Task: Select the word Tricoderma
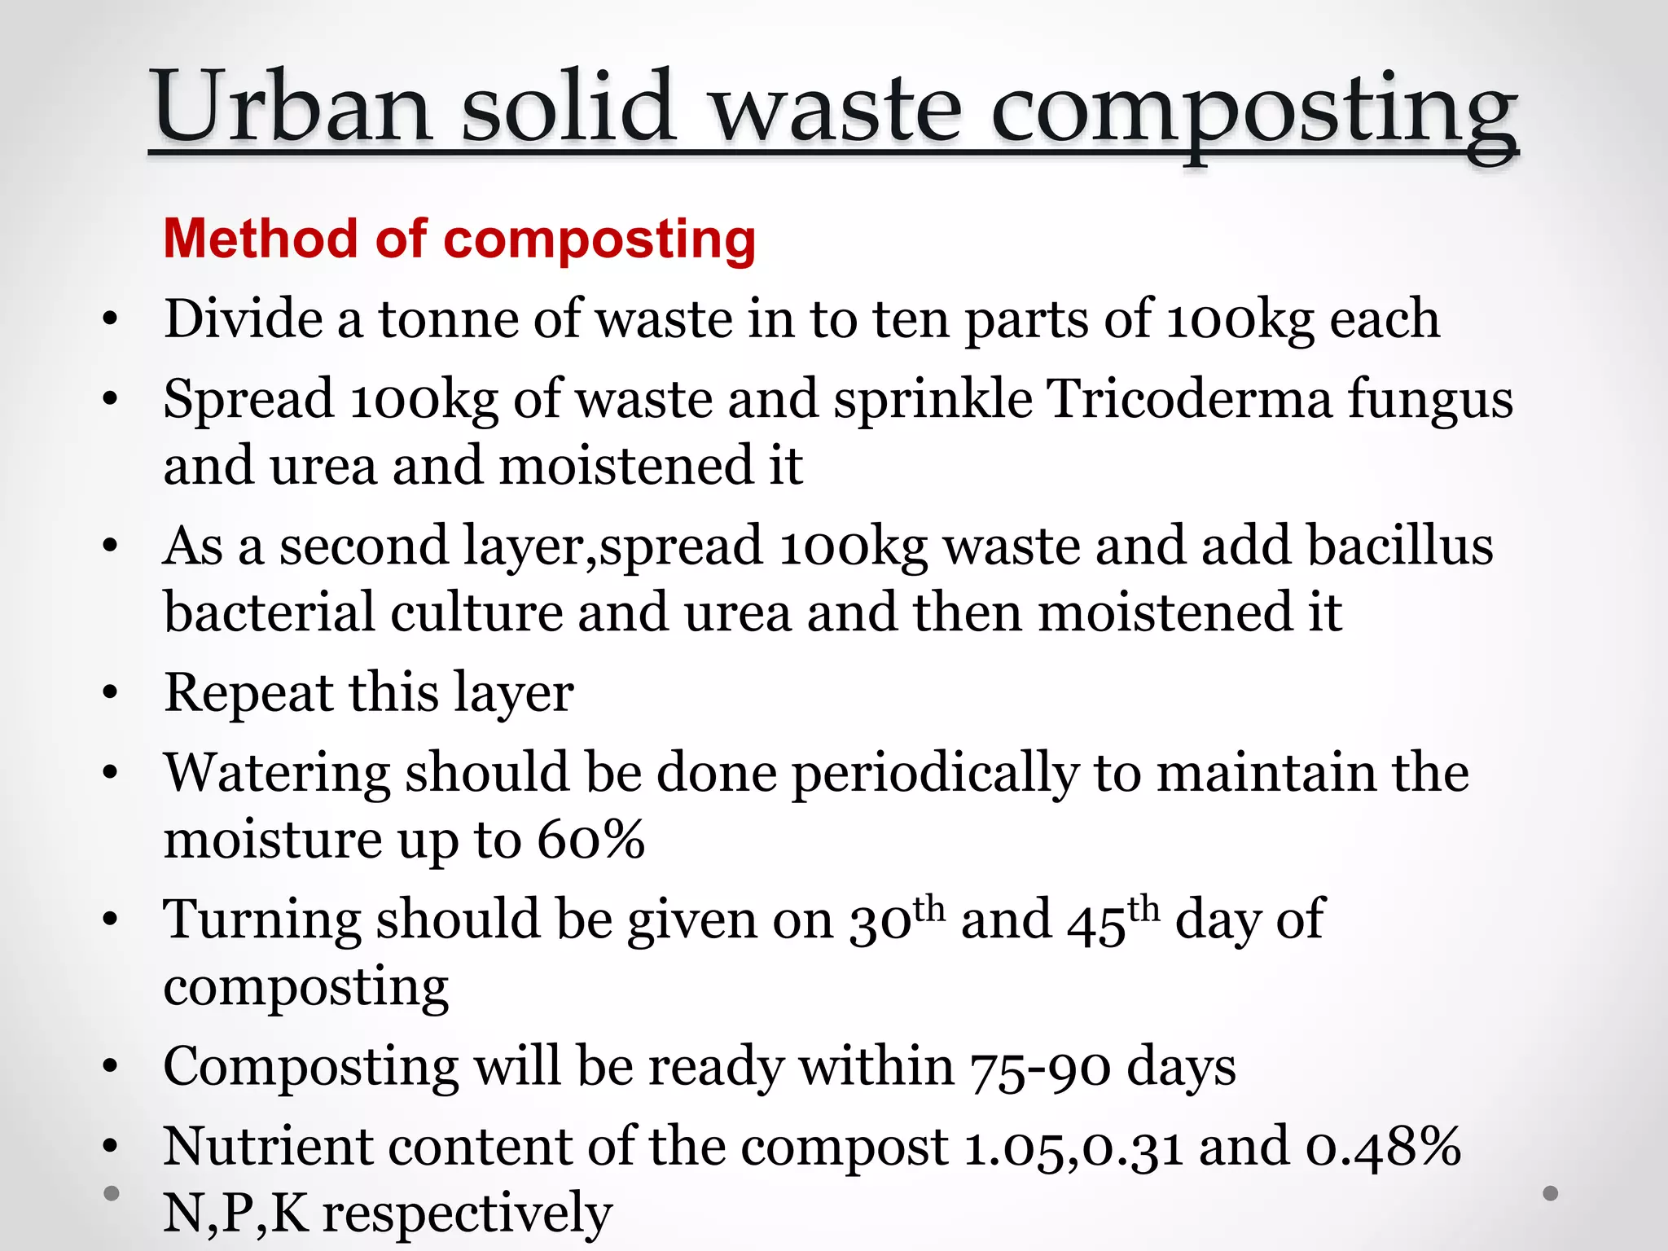(x=1189, y=399)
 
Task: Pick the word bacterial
(x=269, y=612)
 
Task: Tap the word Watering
(x=277, y=774)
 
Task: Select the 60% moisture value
(x=591, y=840)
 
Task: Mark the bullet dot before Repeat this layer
(x=112, y=694)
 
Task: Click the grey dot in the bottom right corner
(x=1551, y=1194)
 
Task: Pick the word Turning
(x=261, y=920)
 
